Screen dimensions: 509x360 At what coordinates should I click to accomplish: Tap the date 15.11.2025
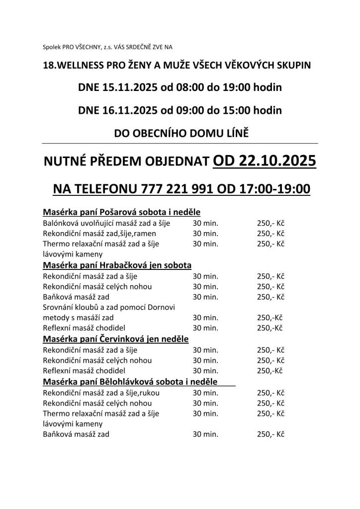point(129,88)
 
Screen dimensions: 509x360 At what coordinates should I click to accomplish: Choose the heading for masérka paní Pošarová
point(121,212)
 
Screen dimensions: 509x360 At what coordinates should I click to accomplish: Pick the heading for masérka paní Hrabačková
point(117,265)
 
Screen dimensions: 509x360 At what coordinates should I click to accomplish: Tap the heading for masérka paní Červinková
point(116,339)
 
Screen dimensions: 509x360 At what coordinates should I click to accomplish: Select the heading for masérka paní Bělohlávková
point(130,382)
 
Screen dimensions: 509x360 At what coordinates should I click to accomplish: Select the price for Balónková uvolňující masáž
point(270,223)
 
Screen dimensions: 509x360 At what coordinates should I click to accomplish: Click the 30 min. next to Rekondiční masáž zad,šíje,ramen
point(205,233)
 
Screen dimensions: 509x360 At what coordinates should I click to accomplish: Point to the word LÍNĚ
point(236,133)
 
